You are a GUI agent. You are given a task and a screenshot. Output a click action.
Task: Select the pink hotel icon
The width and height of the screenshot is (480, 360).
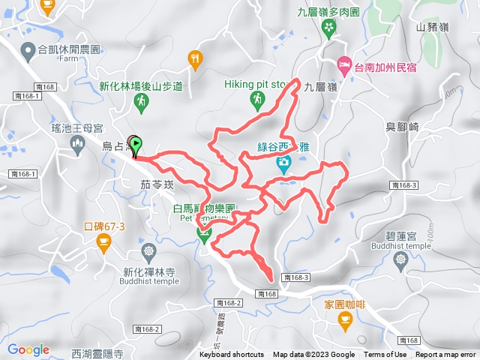tap(344, 67)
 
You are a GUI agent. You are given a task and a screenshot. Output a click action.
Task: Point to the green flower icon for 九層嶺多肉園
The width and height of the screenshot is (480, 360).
tap(328, 28)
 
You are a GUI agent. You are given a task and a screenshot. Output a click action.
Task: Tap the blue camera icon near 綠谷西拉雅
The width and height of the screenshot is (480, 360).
tap(284, 163)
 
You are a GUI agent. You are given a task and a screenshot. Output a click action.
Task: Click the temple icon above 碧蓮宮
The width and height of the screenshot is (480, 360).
tap(401, 260)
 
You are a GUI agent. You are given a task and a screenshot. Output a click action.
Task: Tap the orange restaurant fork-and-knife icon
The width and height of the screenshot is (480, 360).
tap(195, 58)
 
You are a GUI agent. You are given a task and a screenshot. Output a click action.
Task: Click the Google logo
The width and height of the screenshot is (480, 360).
tap(28, 349)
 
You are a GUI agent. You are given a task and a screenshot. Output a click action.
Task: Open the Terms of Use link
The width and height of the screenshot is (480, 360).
tap(385, 355)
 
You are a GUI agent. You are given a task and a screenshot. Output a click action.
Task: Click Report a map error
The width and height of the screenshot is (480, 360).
tap(446, 355)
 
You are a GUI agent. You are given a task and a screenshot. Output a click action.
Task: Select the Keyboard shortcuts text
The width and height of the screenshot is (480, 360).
tap(232, 355)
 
